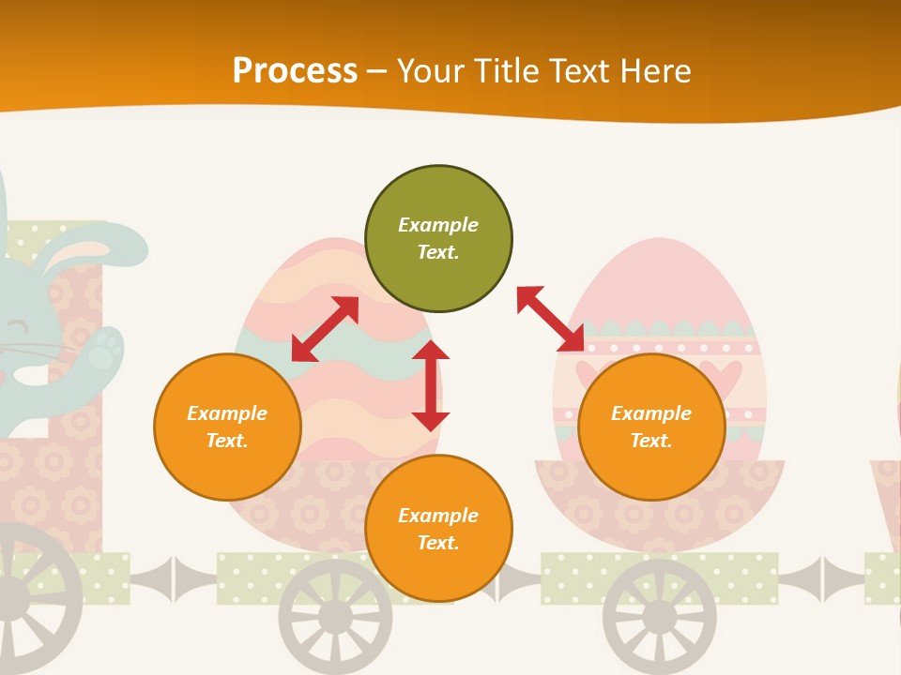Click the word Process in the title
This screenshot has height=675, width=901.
tap(295, 71)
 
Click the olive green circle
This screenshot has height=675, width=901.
tap(438, 239)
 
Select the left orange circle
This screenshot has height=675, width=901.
tap(227, 427)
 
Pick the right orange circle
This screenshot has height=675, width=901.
tap(651, 427)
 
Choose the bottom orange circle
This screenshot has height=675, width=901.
tap(438, 529)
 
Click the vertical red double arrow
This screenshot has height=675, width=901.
tap(431, 385)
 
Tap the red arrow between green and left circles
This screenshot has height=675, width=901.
tap(325, 329)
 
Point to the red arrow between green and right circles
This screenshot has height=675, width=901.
tap(550, 318)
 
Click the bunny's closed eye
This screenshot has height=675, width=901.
tap(17, 326)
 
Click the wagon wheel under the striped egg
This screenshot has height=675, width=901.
tap(335, 615)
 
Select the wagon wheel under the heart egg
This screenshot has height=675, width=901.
tap(659, 615)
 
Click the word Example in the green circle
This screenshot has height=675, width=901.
tap(438, 225)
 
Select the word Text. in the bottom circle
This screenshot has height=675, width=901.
tap(438, 543)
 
